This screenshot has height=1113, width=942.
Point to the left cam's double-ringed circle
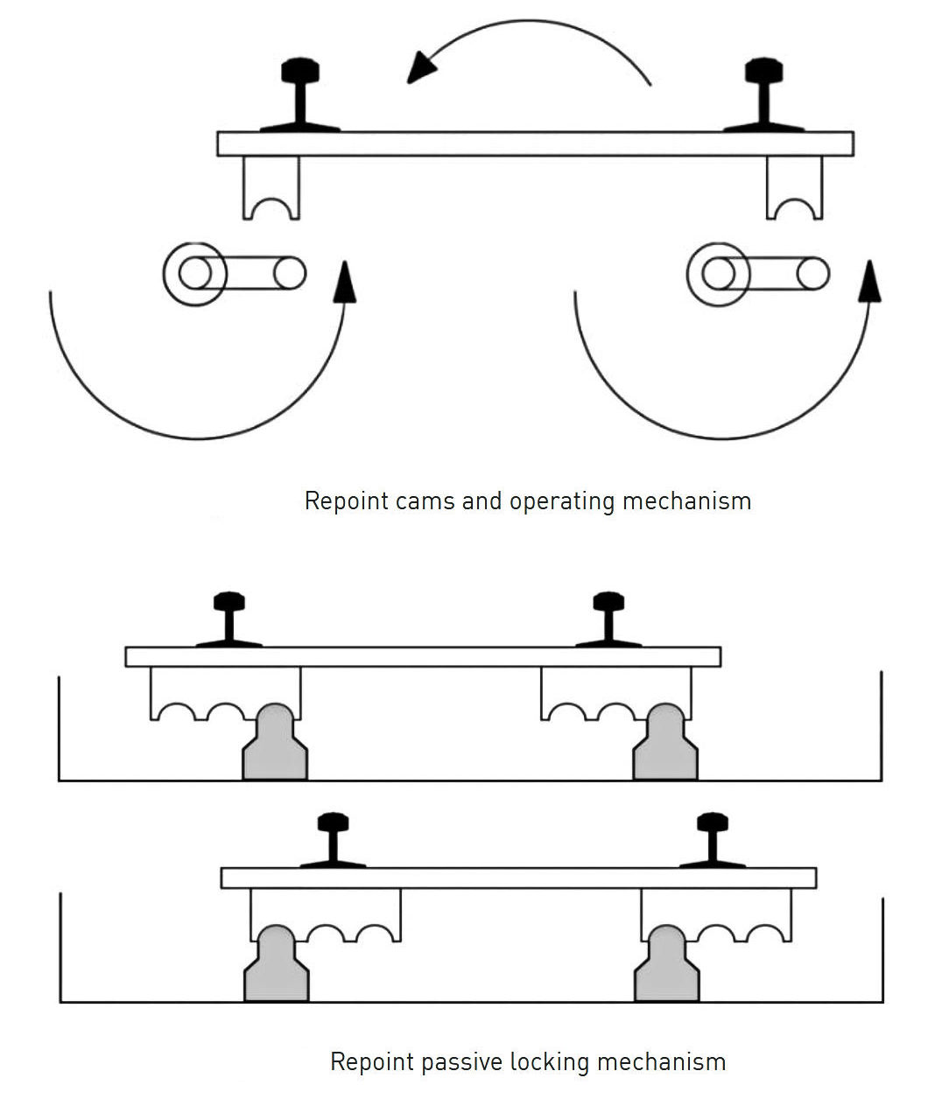click(x=193, y=274)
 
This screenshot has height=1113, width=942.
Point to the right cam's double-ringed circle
click(x=718, y=274)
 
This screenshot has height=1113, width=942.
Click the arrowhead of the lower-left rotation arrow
click(x=347, y=281)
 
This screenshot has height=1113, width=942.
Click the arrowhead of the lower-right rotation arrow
click(x=870, y=281)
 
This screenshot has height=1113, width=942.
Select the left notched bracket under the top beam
click(x=271, y=187)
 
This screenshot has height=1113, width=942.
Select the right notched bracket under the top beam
click(x=795, y=187)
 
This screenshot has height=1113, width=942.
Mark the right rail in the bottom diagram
click(x=713, y=841)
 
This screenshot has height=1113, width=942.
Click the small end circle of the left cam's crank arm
click(x=289, y=274)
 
